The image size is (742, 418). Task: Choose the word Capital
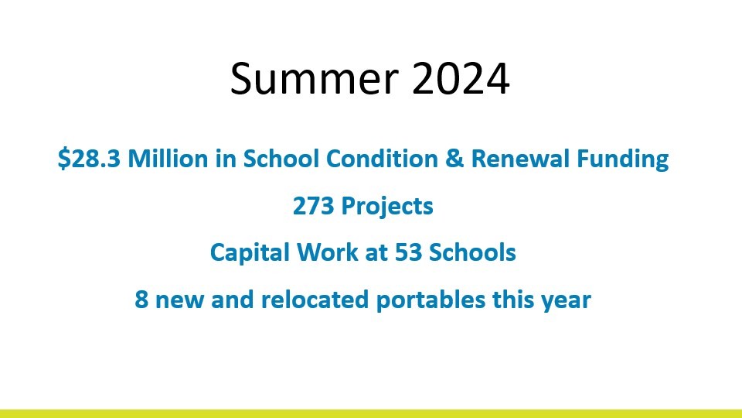coord(250,253)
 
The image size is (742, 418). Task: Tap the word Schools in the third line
coord(475,253)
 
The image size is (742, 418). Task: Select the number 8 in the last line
coord(141,300)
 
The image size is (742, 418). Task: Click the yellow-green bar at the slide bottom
coord(371,413)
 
